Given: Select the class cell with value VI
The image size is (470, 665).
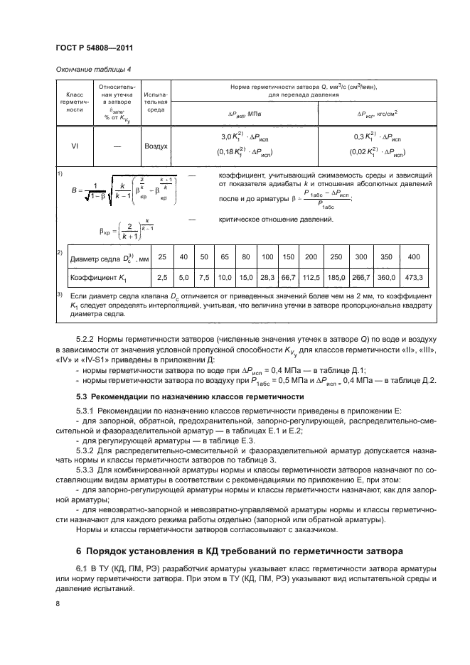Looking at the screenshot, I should [x=75, y=146].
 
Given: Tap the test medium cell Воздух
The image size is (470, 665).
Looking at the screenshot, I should [x=156, y=146].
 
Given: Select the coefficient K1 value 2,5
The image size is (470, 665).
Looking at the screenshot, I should [x=161, y=277].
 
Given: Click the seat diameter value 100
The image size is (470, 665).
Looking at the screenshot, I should [x=268, y=256].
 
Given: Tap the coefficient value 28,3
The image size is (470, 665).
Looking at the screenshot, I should [x=268, y=277].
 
